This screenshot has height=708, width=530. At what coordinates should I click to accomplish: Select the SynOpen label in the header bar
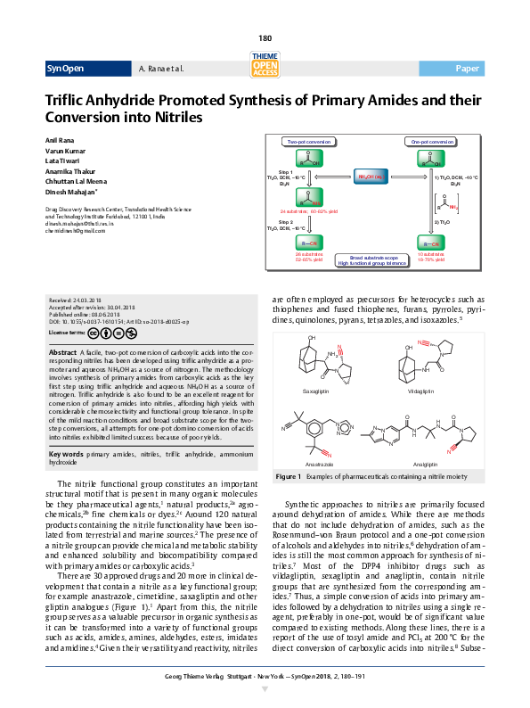tap(67, 69)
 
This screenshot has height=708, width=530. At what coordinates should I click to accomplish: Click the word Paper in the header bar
tap(467, 69)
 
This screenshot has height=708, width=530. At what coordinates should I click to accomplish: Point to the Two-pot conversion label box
tap(309, 142)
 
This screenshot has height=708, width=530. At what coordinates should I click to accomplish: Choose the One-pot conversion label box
tap(432, 142)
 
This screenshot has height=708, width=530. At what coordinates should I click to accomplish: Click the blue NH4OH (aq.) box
tap(371, 177)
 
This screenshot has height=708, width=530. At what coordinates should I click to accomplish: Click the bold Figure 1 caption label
tap(288, 477)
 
